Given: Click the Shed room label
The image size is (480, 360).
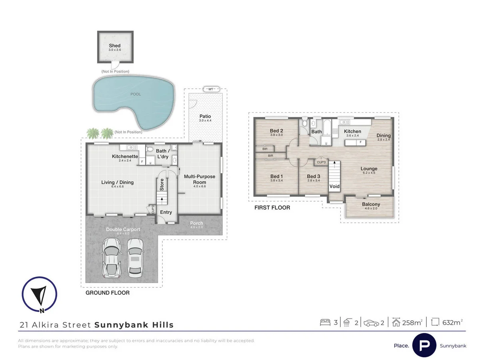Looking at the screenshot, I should coord(114,46).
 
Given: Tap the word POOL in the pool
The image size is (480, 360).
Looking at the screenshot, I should coord(136,94).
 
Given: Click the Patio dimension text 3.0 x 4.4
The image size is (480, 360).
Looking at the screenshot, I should coord(205,121).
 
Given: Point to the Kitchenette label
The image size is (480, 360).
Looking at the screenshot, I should coord(125,156).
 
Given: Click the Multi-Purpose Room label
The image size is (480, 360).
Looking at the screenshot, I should coord(199,179).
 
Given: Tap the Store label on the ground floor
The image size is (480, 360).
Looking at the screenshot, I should coord(162,184).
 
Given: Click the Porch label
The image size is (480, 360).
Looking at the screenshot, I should coord(196,223).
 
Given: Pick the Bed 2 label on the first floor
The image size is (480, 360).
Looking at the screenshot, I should coord(276,131).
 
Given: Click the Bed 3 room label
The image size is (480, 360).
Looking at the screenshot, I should coord(313,176).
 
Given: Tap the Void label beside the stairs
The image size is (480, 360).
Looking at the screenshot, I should coord(334,186).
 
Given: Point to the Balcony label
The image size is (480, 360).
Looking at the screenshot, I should coord(371,204).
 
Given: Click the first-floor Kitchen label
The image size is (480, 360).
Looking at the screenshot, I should coord(352,131).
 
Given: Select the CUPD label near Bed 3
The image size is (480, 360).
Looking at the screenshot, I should coord(321,162).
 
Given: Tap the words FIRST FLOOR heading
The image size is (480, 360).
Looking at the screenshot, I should coord(272,208).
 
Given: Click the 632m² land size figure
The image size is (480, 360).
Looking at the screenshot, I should coord(452,322).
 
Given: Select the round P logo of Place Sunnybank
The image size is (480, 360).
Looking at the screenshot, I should coord(424,345).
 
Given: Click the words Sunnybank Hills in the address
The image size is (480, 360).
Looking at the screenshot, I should coord(134,325).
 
